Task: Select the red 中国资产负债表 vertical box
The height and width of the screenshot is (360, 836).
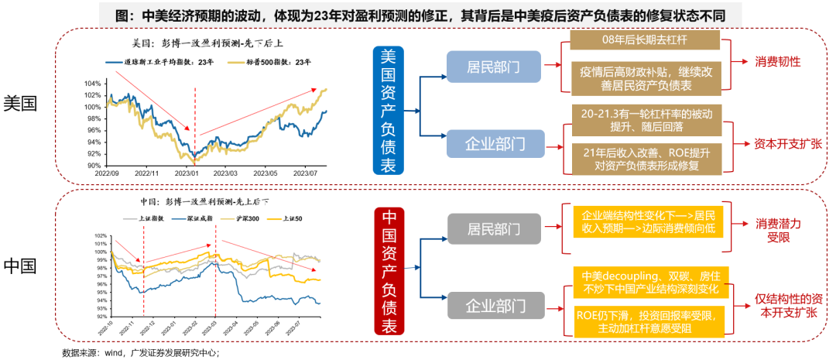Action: [389, 272]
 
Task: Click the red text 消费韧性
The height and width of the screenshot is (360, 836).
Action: [777, 61]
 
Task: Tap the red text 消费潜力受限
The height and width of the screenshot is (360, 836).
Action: [778, 231]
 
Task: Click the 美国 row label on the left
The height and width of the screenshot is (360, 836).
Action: [21, 103]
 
